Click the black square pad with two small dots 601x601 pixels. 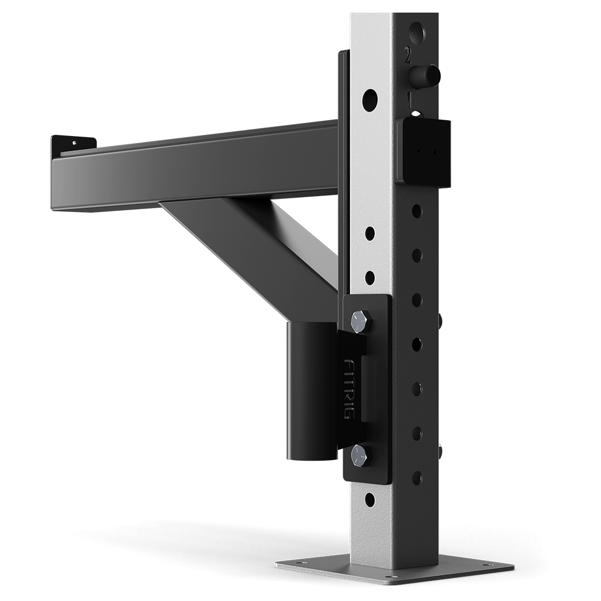424,151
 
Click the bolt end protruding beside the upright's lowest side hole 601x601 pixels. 439,451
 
